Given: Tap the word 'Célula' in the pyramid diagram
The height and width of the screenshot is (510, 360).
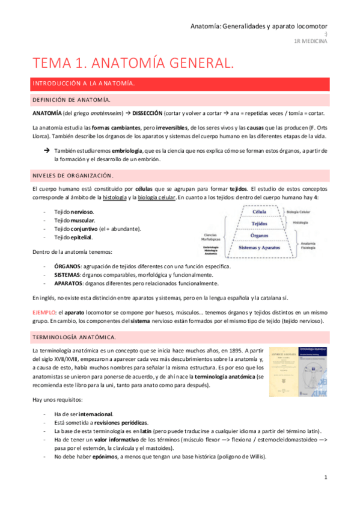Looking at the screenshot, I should click(260, 212).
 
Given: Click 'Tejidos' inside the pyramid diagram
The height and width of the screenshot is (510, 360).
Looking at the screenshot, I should click(260, 224).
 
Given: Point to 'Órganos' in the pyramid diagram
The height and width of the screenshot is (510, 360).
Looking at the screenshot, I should click(260, 235).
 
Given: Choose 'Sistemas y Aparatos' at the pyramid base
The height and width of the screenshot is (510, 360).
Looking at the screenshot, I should click(260, 247).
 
